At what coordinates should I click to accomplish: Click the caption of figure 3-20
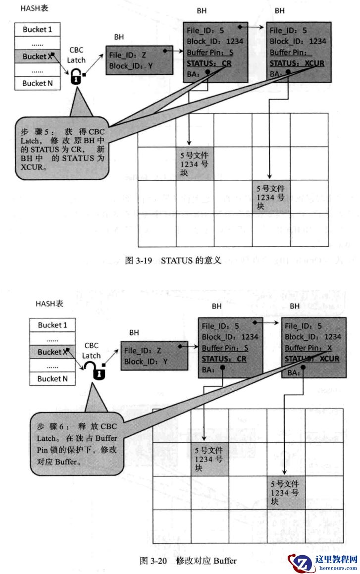[x=188, y=561]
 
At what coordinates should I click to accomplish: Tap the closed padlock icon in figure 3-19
[x=75, y=76]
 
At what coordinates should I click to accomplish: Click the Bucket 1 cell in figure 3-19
[x=37, y=29]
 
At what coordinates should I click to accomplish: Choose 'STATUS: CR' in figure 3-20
[x=224, y=359]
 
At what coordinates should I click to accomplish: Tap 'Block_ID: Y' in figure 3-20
[x=145, y=362]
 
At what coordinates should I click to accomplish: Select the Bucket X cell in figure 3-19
[x=37, y=56]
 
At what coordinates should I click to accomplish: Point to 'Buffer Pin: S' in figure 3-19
[x=210, y=52]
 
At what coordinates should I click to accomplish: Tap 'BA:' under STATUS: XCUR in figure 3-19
[x=275, y=74]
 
